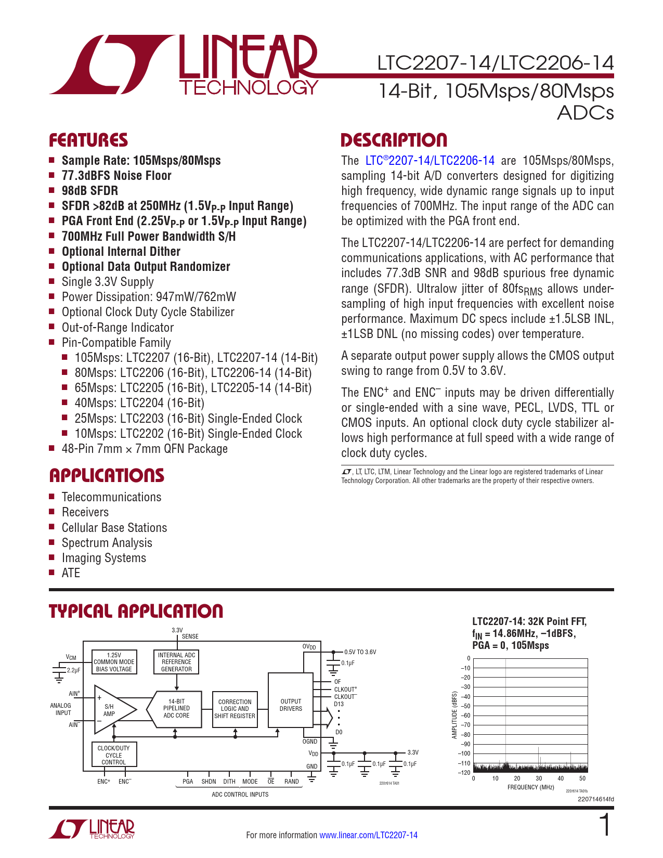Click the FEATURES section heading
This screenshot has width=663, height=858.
point(88,140)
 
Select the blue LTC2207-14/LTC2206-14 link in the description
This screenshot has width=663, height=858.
point(430,161)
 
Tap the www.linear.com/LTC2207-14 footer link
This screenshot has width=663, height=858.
point(368,835)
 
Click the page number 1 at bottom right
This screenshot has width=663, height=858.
point(605,826)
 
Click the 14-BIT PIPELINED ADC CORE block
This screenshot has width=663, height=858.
point(176,709)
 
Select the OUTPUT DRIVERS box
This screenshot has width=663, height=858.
point(291,705)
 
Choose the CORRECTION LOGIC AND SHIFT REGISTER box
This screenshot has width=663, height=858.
point(235,709)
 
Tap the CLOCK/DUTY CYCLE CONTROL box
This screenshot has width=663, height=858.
point(114,755)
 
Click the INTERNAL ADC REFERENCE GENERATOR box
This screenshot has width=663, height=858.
point(176,662)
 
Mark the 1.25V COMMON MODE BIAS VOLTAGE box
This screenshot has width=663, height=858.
point(114,662)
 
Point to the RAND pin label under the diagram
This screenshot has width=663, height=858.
point(291,782)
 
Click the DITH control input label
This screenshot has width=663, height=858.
point(229,782)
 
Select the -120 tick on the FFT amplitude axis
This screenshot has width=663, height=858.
point(464,773)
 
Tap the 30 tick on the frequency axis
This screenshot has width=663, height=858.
point(539,778)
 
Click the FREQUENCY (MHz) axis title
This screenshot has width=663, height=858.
point(530,787)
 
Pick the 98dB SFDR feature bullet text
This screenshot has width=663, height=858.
point(89,191)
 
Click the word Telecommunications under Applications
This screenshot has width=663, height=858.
point(111,497)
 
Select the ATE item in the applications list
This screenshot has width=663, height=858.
point(71,573)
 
